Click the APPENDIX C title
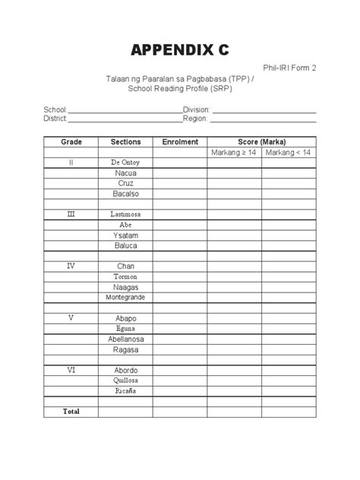click(x=179, y=51)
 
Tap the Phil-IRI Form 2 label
click(x=289, y=68)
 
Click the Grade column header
click(x=71, y=142)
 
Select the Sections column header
click(x=125, y=142)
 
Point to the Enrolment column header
click(x=180, y=142)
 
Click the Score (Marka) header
click(x=262, y=142)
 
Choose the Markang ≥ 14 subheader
click(x=235, y=153)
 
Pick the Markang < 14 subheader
click(x=289, y=153)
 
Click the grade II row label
click(x=71, y=163)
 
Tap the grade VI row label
click(x=71, y=370)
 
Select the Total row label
click(x=71, y=411)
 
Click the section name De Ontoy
click(x=125, y=163)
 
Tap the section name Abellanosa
click(x=125, y=339)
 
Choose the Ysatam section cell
click(x=125, y=235)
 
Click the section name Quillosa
click(x=125, y=380)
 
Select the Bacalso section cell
click(x=125, y=194)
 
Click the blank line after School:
click(x=125, y=110)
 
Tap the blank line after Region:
click(x=263, y=119)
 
